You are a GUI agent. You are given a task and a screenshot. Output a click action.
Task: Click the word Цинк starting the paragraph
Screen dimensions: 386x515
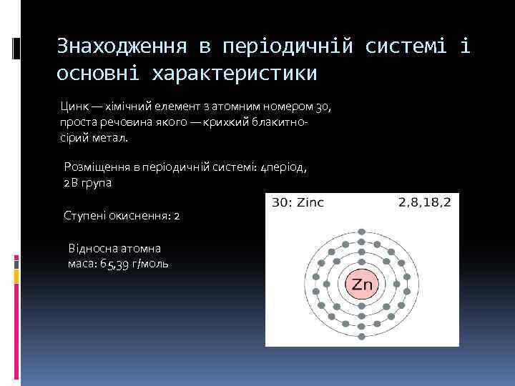tap(74, 107)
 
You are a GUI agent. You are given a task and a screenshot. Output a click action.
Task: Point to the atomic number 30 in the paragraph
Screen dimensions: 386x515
tap(324, 107)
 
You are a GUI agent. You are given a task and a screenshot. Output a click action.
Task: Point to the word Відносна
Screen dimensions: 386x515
tap(92, 248)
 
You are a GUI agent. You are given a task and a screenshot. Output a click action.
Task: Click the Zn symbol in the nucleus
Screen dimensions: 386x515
tap(363, 284)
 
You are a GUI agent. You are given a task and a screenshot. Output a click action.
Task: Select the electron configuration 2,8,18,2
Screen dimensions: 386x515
tap(424, 202)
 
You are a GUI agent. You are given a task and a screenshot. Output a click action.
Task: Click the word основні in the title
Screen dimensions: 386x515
tap(99, 74)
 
